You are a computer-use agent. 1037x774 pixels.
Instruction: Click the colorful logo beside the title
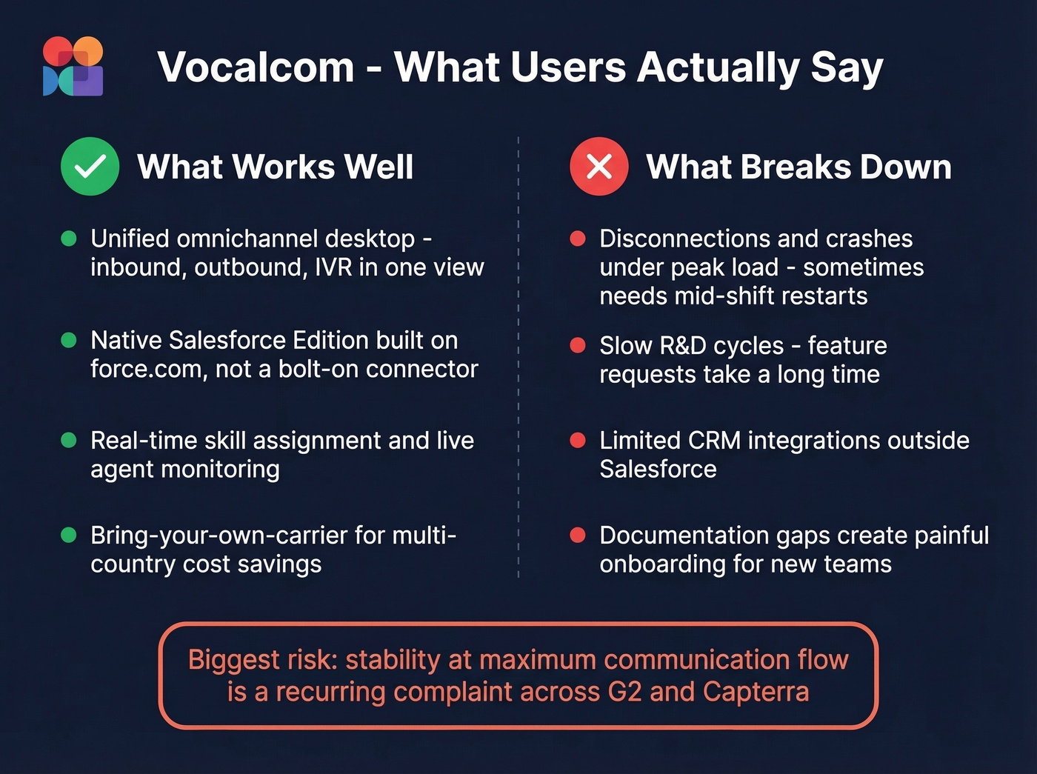pos(73,67)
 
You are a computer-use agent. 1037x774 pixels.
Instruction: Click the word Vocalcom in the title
pos(256,67)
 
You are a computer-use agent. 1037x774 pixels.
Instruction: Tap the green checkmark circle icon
pos(90,167)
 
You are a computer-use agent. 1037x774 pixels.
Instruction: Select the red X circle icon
pos(598,167)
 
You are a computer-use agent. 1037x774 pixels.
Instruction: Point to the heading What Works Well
pos(275,167)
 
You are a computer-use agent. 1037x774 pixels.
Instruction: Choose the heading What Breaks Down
pos(798,167)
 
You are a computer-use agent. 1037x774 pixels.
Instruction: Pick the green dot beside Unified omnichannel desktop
pos(69,238)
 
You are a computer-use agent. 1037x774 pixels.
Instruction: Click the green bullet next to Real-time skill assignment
pos(69,441)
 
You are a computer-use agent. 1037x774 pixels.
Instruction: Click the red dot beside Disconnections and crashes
pos(578,238)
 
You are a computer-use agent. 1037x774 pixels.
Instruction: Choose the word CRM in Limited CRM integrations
pos(714,441)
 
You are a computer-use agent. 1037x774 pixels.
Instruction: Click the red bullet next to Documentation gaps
pos(578,536)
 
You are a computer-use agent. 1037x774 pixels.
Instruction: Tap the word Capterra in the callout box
pos(756,692)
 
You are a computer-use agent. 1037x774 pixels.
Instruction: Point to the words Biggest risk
pos(244,659)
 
